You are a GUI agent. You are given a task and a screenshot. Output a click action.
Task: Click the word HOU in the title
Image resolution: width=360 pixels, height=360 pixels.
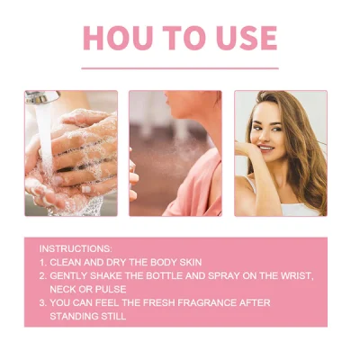[x=117, y=38]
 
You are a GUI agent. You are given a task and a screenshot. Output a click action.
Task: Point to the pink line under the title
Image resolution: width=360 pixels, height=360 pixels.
[x=180, y=68]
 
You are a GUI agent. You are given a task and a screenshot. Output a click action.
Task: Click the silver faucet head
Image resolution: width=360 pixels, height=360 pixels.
[x=42, y=97]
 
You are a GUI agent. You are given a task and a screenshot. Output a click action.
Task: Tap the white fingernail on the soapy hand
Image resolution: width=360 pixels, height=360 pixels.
[x=86, y=189]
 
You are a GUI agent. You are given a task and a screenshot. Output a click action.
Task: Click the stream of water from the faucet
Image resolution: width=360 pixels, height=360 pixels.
[x=45, y=135]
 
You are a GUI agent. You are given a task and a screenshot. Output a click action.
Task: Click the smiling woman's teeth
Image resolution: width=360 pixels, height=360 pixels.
[x=265, y=148]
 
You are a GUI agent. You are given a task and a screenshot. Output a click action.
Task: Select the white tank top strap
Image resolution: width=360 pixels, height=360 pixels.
[x=251, y=184]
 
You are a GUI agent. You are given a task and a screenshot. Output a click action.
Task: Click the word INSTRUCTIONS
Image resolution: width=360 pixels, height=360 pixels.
[x=76, y=248]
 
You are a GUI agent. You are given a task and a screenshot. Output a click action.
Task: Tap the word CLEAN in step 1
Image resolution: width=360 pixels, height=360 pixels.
[x=66, y=262]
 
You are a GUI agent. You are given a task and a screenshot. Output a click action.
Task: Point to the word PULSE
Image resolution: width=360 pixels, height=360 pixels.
[x=111, y=289]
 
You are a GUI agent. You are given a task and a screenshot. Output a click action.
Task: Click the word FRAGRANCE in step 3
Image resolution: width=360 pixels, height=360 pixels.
[x=207, y=302]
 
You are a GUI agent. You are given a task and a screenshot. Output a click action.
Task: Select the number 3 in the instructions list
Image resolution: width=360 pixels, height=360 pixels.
[x=42, y=302]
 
